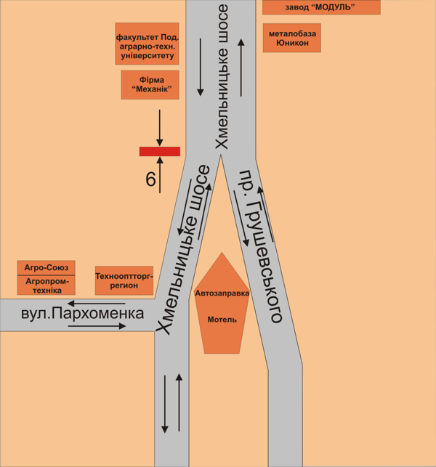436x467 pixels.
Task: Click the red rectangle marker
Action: click(x=160, y=151)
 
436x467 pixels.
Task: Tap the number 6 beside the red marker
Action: click(x=150, y=179)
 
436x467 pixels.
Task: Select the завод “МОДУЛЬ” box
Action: click(x=320, y=7)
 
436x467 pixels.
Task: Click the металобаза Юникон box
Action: click(x=293, y=38)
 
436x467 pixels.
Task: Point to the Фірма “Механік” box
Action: click(x=150, y=84)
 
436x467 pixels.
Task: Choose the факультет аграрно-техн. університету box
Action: click(x=147, y=44)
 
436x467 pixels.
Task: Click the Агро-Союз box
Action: click(x=46, y=268)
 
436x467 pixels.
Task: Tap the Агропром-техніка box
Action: click(x=46, y=285)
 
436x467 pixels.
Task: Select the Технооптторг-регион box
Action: click(x=124, y=280)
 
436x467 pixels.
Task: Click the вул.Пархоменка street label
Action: click(x=83, y=314)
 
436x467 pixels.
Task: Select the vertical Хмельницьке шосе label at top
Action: click(x=222, y=76)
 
